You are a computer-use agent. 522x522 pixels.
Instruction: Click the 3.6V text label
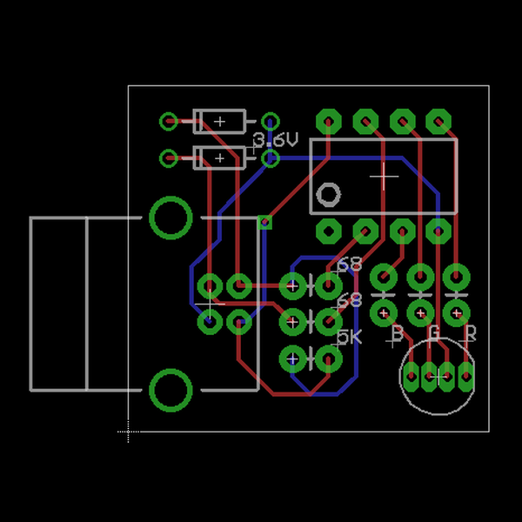click(x=277, y=140)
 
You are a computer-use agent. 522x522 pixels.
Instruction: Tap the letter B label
click(x=397, y=333)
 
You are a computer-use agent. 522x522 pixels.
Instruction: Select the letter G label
click(x=434, y=332)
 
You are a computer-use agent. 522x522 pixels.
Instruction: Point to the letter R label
click(x=471, y=333)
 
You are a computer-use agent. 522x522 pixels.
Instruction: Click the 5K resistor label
click(x=349, y=337)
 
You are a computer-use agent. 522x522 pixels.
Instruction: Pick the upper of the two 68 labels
click(x=349, y=264)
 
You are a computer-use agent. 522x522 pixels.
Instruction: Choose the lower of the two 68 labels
click(x=349, y=300)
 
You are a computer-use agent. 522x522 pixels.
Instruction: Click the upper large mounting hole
click(x=171, y=217)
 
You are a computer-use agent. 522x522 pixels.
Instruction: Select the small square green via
click(x=265, y=222)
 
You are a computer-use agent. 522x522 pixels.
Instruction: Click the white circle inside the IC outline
click(x=328, y=194)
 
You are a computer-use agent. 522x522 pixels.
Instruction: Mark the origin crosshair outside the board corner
click(x=129, y=431)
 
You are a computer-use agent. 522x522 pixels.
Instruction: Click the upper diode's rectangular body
click(x=220, y=121)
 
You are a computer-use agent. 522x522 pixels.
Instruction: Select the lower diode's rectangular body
click(x=220, y=157)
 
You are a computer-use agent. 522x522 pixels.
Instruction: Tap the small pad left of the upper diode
click(x=169, y=121)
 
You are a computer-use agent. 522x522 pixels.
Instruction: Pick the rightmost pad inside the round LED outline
click(x=467, y=376)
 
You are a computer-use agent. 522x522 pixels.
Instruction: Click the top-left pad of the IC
click(x=328, y=120)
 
